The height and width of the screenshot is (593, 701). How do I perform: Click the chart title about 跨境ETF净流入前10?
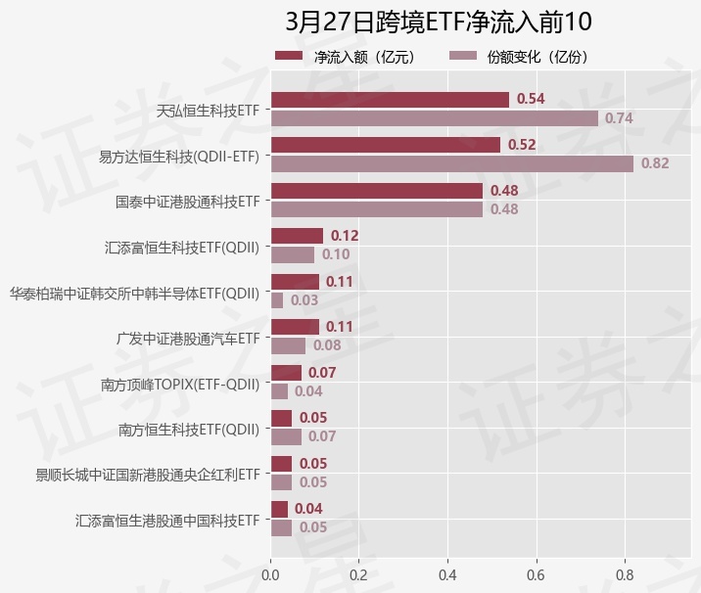point(439,22)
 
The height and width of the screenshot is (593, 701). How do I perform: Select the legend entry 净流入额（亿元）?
point(358,57)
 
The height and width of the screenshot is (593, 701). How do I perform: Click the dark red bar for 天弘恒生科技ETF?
point(390,99)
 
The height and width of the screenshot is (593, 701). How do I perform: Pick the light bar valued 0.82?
point(451,163)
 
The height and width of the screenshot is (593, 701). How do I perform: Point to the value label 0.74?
point(619,118)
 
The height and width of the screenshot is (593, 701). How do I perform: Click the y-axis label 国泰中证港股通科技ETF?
point(187,202)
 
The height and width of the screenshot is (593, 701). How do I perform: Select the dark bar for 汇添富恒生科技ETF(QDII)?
point(297,236)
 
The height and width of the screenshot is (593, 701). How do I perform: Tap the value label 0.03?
point(304,300)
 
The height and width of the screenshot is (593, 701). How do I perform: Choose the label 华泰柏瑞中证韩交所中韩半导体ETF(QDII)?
point(134,293)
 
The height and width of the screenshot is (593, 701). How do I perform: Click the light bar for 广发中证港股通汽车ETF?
point(288,345)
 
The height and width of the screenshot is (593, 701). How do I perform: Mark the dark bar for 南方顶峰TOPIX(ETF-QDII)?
point(286,373)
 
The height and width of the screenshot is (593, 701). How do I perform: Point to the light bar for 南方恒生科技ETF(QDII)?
point(286,436)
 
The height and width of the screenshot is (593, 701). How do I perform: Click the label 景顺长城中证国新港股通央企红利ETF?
point(148,475)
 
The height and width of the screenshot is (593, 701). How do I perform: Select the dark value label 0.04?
point(308,509)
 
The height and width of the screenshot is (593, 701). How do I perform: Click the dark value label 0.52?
point(522,145)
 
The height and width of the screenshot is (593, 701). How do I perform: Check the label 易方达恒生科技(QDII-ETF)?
point(179,156)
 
